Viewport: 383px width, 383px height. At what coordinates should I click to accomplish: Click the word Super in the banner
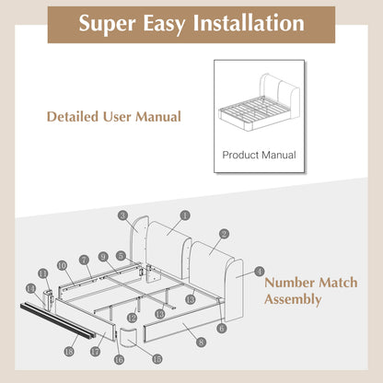[x=107, y=24]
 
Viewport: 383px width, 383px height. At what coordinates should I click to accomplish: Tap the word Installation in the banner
[x=249, y=23]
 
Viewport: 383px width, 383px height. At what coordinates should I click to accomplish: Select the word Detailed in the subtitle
[x=73, y=117]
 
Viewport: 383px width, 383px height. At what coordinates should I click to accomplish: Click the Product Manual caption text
[x=259, y=155]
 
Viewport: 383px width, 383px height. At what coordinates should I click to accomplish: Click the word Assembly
[x=293, y=299]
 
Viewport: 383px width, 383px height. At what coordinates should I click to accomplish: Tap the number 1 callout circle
[x=185, y=215]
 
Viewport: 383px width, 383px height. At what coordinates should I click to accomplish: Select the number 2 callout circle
[x=225, y=234]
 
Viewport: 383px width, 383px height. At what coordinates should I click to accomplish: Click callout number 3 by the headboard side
[x=122, y=215]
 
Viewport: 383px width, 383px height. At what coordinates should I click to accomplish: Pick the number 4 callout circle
[x=260, y=272]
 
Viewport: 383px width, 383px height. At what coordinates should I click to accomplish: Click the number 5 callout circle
[x=121, y=255]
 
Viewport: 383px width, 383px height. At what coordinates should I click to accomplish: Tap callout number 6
[x=221, y=329]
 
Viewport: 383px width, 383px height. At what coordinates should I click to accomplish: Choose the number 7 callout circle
[x=84, y=261]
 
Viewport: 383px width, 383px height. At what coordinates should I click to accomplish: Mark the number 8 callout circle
[x=201, y=342]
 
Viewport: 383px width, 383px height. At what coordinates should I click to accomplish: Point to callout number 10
[x=62, y=265]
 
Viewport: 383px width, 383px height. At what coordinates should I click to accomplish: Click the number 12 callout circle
[x=132, y=318]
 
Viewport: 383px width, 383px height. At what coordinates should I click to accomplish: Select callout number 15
[x=157, y=359]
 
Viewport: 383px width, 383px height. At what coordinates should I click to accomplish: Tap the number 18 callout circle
[x=69, y=351]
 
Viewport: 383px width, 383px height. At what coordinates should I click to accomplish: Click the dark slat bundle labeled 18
[x=57, y=320]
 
